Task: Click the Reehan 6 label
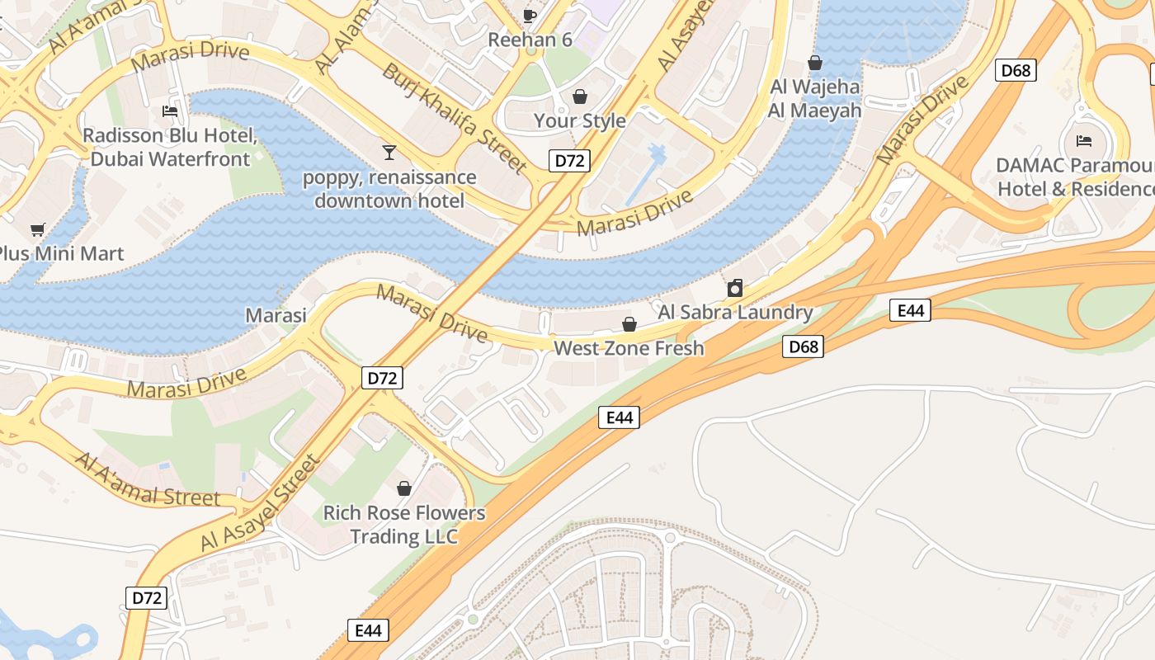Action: [x=530, y=40]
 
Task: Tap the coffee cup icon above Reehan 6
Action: [x=530, y=15]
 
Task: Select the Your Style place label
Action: [x=579, y=120]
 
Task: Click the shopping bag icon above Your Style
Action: [x=580, y=97]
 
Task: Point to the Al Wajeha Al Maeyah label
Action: [x=814, y=98]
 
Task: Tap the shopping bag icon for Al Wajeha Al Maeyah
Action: [x=815, y=63]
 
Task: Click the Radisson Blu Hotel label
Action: [x=170, y=147]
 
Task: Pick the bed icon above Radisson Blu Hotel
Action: [x=170, y=111]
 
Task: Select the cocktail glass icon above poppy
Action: [x=389, y=152]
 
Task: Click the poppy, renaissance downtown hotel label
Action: [x=389, y=189]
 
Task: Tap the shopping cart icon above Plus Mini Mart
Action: [x=36, y=229]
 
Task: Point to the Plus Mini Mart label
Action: [x=61, y=253]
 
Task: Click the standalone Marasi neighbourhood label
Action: [x=276, y=314]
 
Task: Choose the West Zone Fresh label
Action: [x=629, y=348]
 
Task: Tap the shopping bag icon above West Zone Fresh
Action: [x=629, y=323]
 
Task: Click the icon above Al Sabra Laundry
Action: [x=734, y=288]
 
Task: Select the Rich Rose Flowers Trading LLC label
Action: [x=403, y=525]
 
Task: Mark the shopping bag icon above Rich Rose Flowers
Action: [x=404, y=488]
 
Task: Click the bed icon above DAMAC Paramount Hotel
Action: [x=1084, y=141]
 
